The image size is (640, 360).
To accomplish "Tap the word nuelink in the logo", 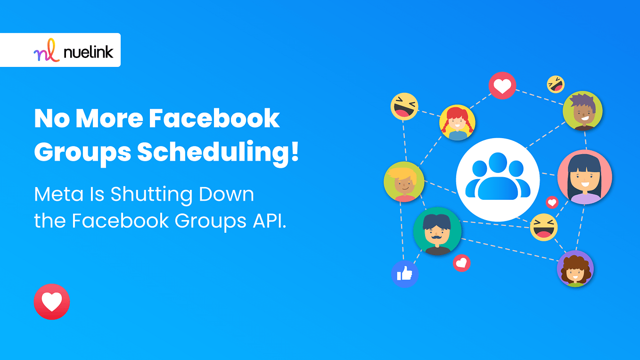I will click(89, 50).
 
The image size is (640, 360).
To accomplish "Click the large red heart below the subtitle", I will click(52, 302).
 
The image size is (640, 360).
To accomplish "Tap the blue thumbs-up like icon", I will click(404, 273).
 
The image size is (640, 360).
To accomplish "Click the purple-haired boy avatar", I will click(583, 111).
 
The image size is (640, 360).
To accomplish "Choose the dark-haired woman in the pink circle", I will click(584, 177).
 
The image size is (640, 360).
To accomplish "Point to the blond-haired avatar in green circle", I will click(404, 182).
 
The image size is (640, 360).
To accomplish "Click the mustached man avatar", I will click(437, 231).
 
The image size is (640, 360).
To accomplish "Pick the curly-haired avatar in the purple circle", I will click(575, 269).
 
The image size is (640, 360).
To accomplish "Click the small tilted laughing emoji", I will click(556, 84).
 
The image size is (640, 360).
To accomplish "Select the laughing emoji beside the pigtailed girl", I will click(404, 106).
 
